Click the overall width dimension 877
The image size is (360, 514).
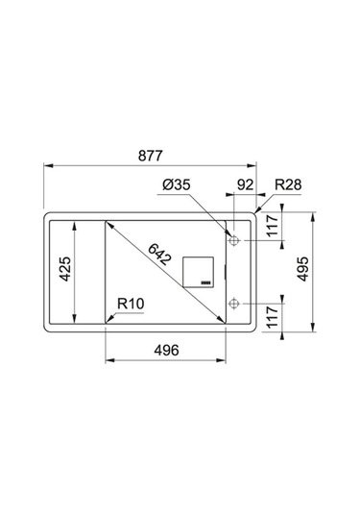pyautogui.click(x=151, y=156)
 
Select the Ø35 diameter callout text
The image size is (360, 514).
pyautogui.click(x=177, y=184)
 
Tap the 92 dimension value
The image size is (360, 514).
pyautogui.click(x=245, y=184)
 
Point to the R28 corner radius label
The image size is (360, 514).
pyautogui.click(x=288, y=184)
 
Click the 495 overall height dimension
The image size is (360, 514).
pyautogui.click(x=302, y=269)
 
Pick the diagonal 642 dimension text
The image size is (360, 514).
pyautogui.click(x=159, y=255)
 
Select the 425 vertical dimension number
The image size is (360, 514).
pyautogui.click(x=65, y=269)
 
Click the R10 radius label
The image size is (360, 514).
pyautogui.click(x=131, y=304)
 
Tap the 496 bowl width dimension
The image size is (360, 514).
pyautogui.click(x=167, y=351)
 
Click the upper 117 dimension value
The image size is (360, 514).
pyautogui.click(x=273, y=226)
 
